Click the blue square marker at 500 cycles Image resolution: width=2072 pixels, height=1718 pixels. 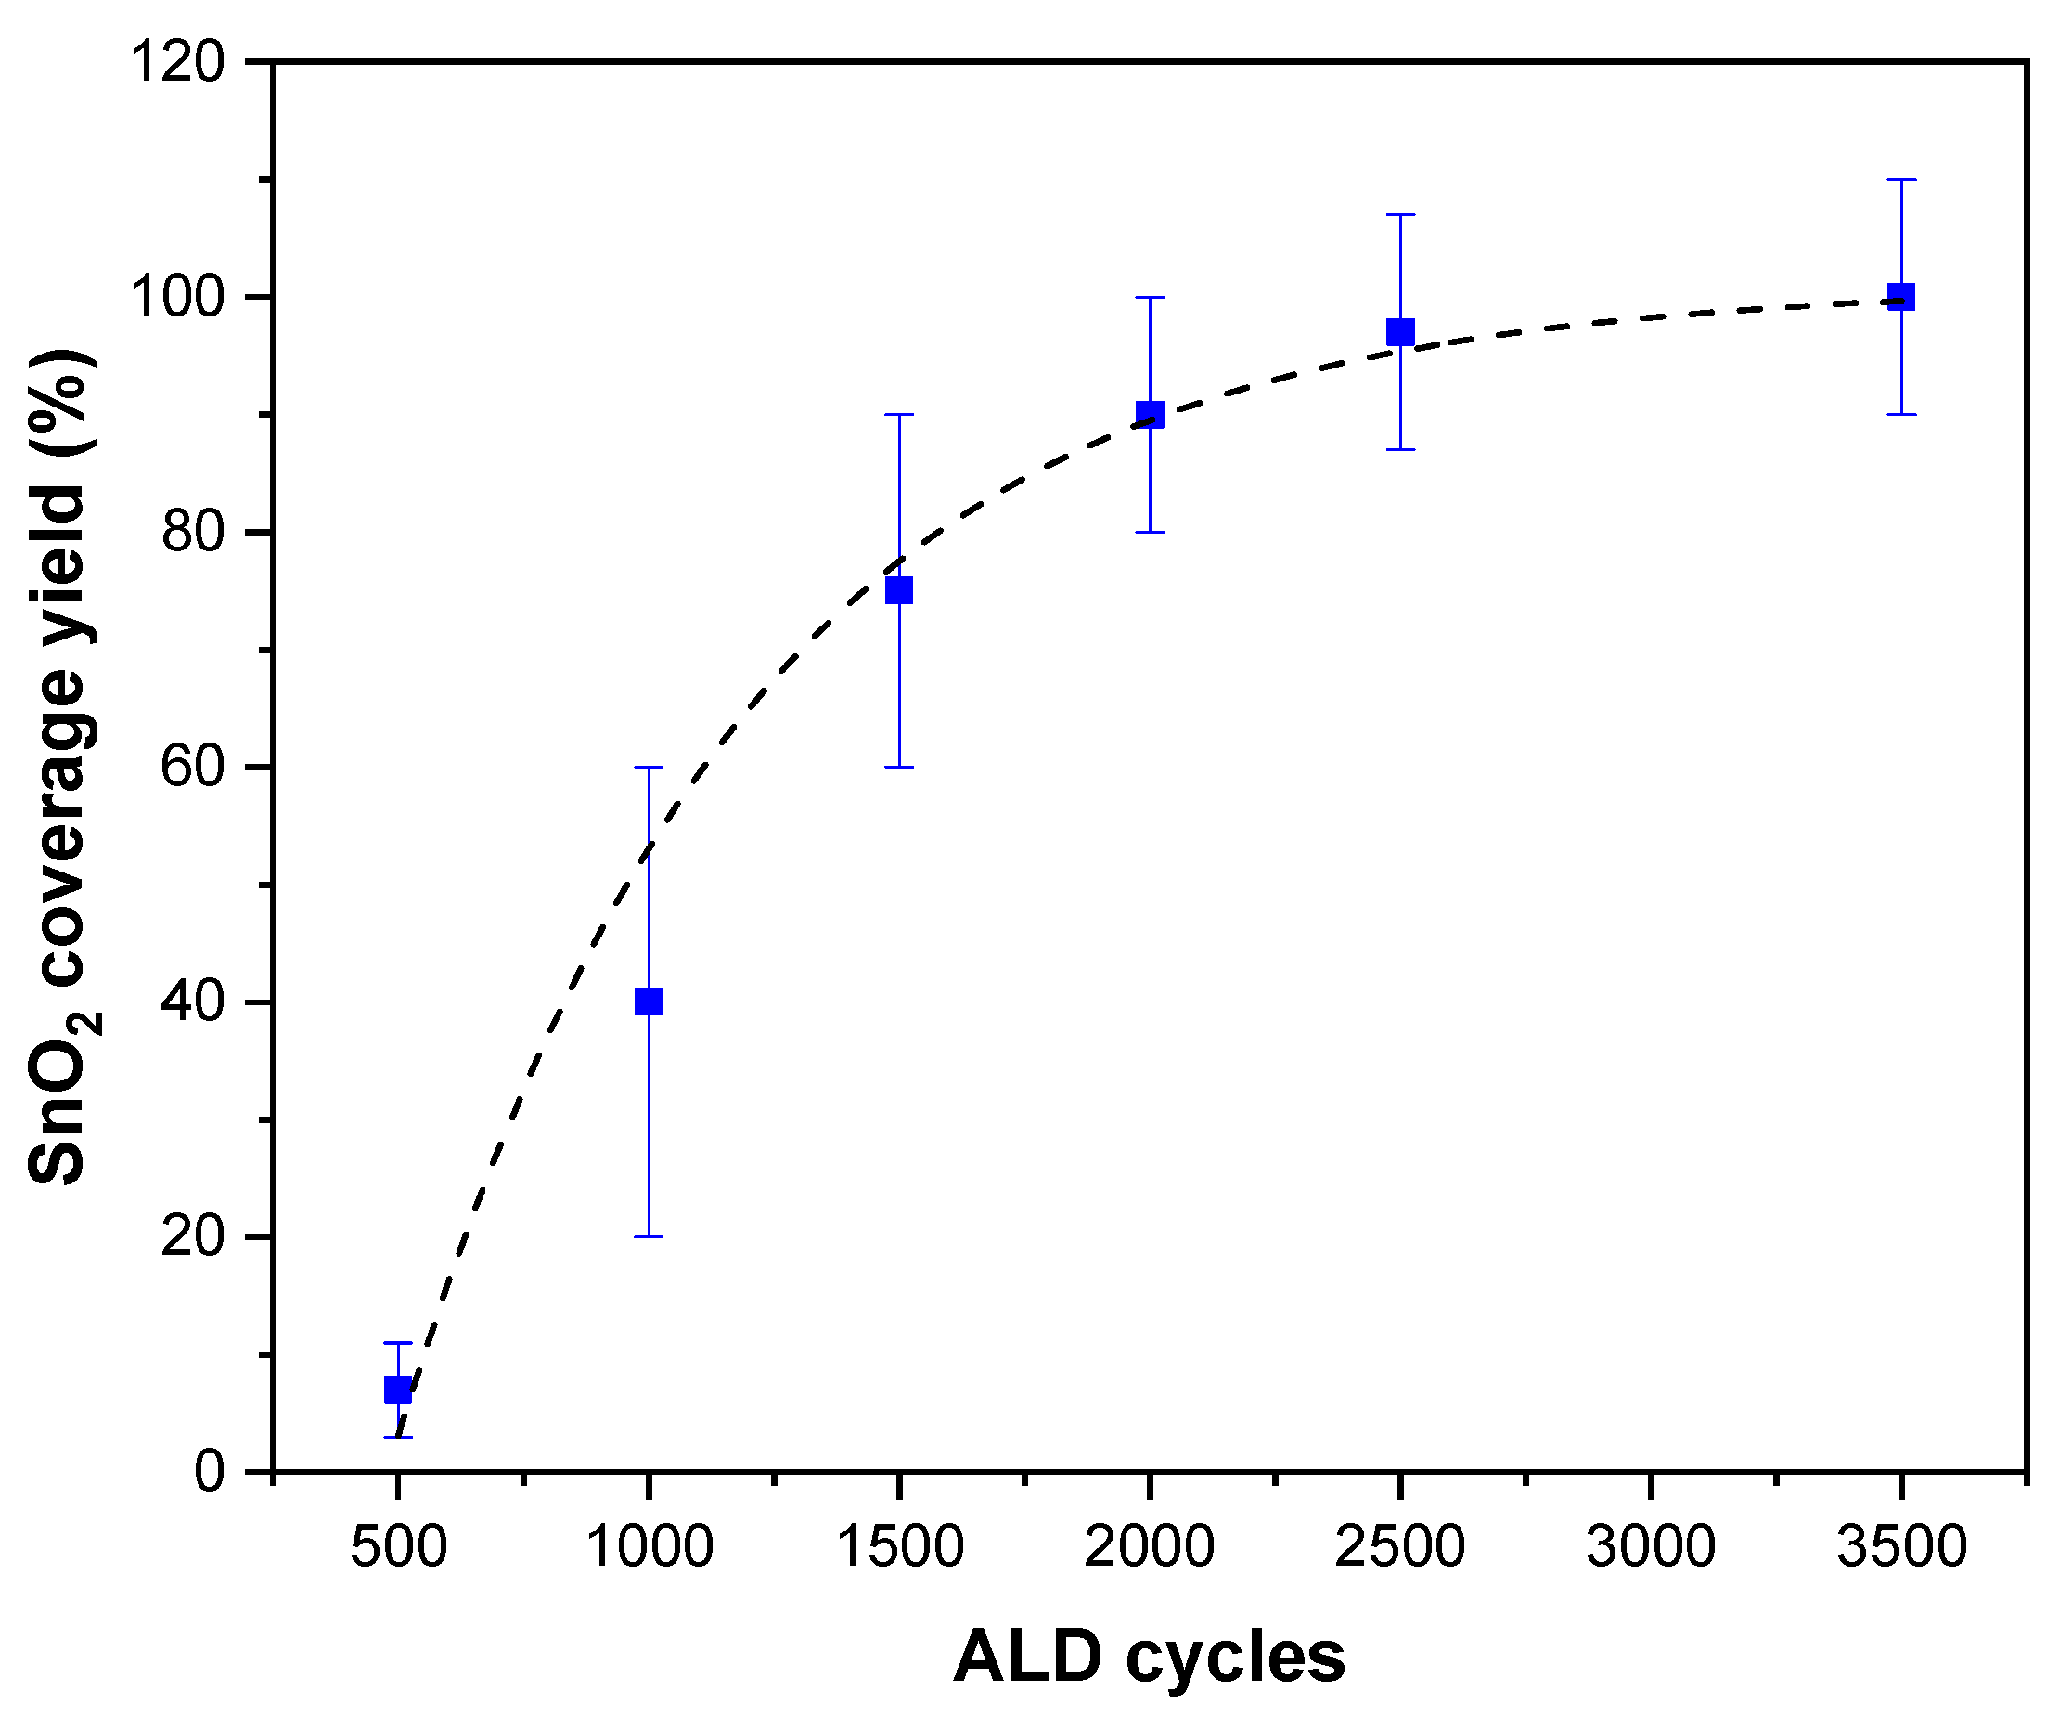(x=398, y=1389)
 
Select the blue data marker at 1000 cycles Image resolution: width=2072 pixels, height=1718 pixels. (x=649, y=1001)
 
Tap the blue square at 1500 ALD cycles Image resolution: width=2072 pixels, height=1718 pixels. (x=899, y=590)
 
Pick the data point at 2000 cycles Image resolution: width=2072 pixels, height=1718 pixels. (x=1150, y=415)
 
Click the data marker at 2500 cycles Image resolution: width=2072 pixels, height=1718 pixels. (x=1400, y=331)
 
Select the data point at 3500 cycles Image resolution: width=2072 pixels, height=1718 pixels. (x=1901, y=297)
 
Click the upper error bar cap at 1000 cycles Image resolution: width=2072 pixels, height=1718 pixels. (x=649, y=767)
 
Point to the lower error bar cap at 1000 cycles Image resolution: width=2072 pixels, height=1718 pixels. (x=649, y=1236)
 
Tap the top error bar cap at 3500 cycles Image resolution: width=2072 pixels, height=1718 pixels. (x=1901, y=179)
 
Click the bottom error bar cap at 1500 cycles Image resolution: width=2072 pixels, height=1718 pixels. (x=899, y=767)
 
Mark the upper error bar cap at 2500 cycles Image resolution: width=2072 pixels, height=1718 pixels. (x=1400, y=214)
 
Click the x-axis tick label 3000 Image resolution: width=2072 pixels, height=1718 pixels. (x=1650, y=1546)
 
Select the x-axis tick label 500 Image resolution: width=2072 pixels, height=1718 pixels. (x=398, y=1546)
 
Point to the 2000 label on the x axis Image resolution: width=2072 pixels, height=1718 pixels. (x=1150, y=1546)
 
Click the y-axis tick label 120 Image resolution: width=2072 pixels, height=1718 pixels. (x=178, y=62)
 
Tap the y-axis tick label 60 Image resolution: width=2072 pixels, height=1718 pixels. (x=193, y=767)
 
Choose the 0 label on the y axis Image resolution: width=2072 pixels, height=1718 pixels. (x=209, y=1471)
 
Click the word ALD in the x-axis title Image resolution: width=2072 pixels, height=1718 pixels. (x=1027, y=1657)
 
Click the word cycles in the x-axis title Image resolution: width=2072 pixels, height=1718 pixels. (x=1234, y=1659)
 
